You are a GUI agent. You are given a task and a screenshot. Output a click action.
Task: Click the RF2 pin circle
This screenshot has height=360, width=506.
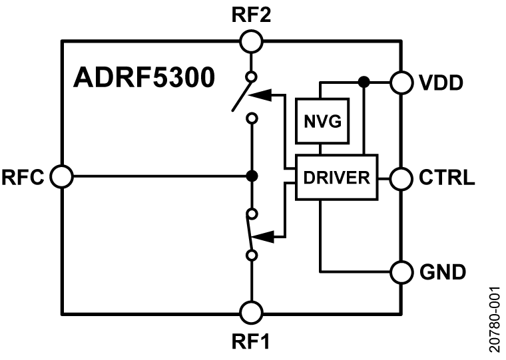[x=252, y=41]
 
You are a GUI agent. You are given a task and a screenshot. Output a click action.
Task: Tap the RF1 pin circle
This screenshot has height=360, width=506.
[x=252, y=311]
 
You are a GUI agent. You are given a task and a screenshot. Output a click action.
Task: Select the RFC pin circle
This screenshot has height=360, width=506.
[x=61, y=177]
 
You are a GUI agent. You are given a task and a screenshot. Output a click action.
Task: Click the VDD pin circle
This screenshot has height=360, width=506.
[x=401, y=82]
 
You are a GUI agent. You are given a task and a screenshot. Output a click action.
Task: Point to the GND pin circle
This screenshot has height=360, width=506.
[x=401, y=271]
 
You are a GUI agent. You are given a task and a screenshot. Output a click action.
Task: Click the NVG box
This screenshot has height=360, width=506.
[x=322, y=121]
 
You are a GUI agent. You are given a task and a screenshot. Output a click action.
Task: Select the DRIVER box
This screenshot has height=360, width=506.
[x=336, y=177]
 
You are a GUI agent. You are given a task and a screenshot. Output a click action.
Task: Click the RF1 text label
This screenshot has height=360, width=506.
[x=252, y=342]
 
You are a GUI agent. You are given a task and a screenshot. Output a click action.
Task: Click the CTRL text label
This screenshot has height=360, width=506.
[x=447, y=178]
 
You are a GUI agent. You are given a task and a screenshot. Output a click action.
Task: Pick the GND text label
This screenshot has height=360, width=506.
[x=443, y=272]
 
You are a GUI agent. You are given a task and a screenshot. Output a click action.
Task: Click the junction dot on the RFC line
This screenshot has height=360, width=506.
[x=252, y=177]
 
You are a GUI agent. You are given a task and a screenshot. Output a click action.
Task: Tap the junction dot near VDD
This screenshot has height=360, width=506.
[x=364, y=82]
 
